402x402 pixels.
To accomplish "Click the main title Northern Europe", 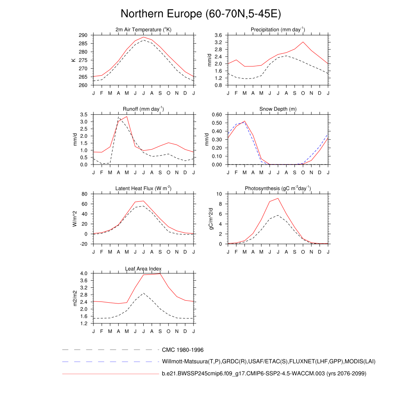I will pos(201,14).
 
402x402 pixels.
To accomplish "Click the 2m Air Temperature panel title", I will pos(143,30).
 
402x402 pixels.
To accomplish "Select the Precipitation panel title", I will pos(278,30).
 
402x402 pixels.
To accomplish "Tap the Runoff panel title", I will pos(143,109).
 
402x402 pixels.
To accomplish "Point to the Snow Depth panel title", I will pos(278,109).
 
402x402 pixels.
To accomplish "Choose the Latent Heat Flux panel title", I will pos(143,188).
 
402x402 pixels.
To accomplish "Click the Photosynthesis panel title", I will pos(278,188).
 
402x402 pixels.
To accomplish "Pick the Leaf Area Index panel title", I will pos(143,269).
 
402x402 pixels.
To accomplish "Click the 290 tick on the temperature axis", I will pos(83,35).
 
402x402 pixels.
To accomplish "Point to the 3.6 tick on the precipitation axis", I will pos(219,35).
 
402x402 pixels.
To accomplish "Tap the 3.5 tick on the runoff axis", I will pos(84,115).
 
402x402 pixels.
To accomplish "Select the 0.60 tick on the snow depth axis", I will pos(217,115).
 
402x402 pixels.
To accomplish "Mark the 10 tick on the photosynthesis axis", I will pos(220,194).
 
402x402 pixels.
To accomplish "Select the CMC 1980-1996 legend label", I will pos(183,350).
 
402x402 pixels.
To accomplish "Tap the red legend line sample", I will pos(110,374).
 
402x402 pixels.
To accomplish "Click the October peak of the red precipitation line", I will pos(303,42).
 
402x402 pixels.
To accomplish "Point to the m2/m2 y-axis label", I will pos(74,298).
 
